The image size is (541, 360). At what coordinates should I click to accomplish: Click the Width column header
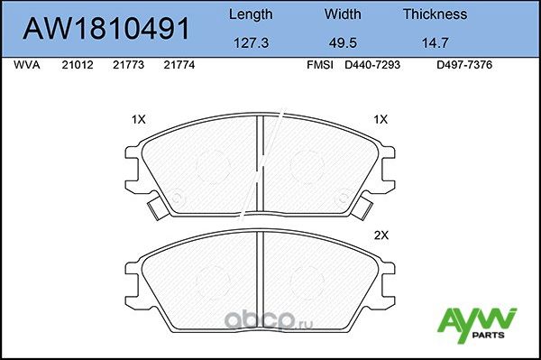(x=342, y=14)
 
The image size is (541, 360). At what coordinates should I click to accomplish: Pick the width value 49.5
(x=342, y=42)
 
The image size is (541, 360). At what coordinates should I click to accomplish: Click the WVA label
(x=28, y=66)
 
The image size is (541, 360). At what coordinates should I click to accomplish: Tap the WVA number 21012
(x=77, y=66)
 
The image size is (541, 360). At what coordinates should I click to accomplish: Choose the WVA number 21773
(x=128, y=66)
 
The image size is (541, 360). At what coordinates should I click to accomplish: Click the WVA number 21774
(x=179, y=66)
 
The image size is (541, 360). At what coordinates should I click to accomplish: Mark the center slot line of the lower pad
(x=260, y=271)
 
